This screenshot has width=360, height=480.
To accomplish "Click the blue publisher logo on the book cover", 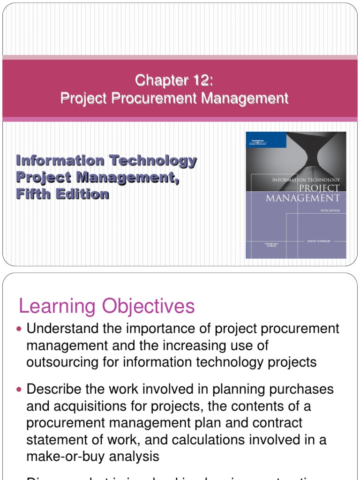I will point(258,139).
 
